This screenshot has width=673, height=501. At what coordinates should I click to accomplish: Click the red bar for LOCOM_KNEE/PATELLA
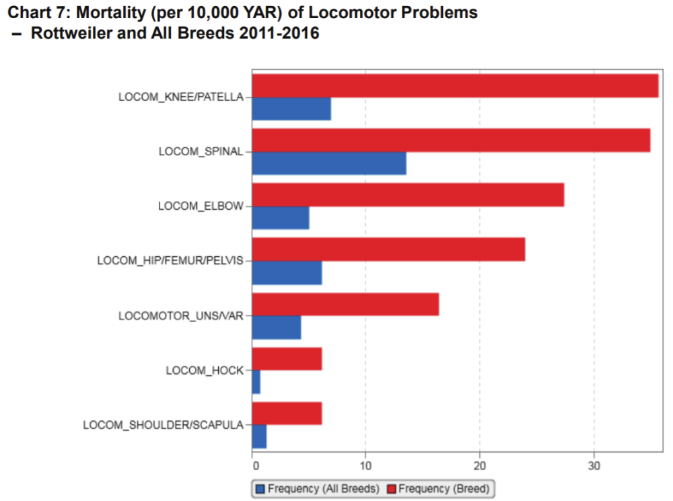(455, 86)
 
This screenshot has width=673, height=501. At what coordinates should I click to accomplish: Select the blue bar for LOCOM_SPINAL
(329, 163)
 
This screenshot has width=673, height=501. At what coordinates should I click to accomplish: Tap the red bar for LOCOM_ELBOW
(408, 195)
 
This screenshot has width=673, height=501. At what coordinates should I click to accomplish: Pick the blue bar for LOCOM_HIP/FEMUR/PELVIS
(287, 273)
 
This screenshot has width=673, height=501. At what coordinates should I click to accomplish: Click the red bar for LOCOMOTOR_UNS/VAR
(345, 305)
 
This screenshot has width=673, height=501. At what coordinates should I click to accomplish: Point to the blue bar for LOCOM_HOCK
(256, 382)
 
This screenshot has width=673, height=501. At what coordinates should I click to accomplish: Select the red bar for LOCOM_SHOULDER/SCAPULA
(287, 414)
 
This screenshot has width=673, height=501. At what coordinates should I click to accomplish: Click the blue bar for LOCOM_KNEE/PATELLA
(291, 109)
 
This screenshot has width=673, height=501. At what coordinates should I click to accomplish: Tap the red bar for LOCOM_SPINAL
(451, 141)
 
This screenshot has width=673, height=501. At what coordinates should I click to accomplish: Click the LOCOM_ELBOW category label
(201, 206)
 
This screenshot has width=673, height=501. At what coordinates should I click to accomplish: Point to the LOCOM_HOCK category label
(205, 370)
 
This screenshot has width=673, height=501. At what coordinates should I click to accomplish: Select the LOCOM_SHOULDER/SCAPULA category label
(163, 425)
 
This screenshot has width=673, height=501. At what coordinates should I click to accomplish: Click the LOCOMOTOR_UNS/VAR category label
(180, 315)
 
